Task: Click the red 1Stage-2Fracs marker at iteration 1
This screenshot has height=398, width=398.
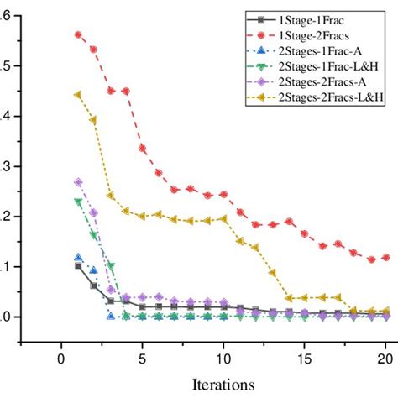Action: (x=78, y=35)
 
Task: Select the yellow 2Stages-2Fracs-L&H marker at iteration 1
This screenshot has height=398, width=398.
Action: (x=78, y=95)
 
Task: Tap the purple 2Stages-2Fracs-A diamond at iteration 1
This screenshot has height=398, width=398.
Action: (x=78, y=182)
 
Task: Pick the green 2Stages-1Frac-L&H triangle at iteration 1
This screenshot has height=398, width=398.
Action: (x=78, y=202)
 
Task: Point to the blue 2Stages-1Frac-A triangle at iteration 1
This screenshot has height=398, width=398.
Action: (x=78, y=259)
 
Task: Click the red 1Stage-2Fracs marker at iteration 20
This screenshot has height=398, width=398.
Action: (x=385, y=258)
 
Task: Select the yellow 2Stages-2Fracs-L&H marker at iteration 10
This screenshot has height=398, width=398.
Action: (x=223, y=219)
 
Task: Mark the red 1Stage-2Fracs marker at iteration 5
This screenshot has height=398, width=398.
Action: (x=143, y=148)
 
